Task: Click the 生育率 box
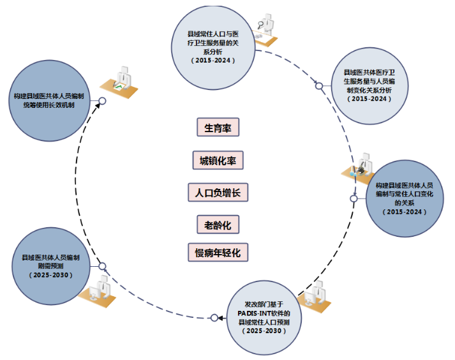(217, 127)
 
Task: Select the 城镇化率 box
(218, 160)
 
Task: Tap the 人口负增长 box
(218, 192)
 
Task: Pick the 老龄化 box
(218, 224)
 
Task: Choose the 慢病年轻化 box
(218, 252)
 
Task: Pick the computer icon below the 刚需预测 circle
(100, 290)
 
